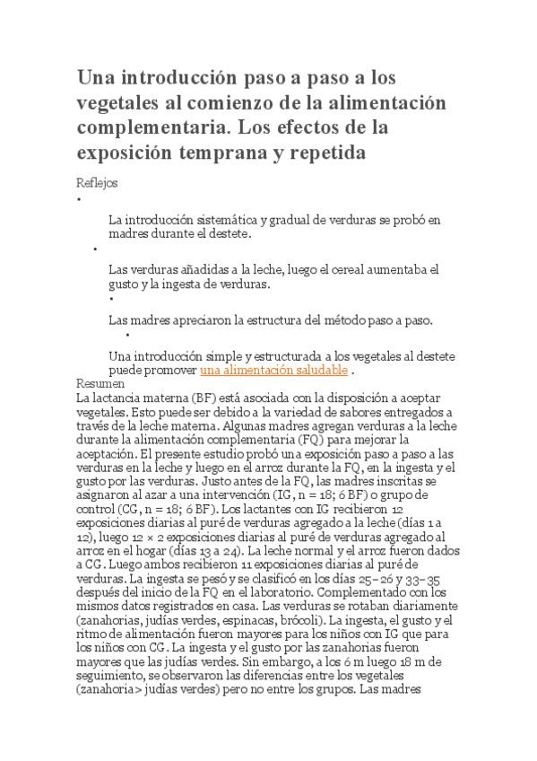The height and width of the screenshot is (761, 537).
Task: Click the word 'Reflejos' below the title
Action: click(98, 182)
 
